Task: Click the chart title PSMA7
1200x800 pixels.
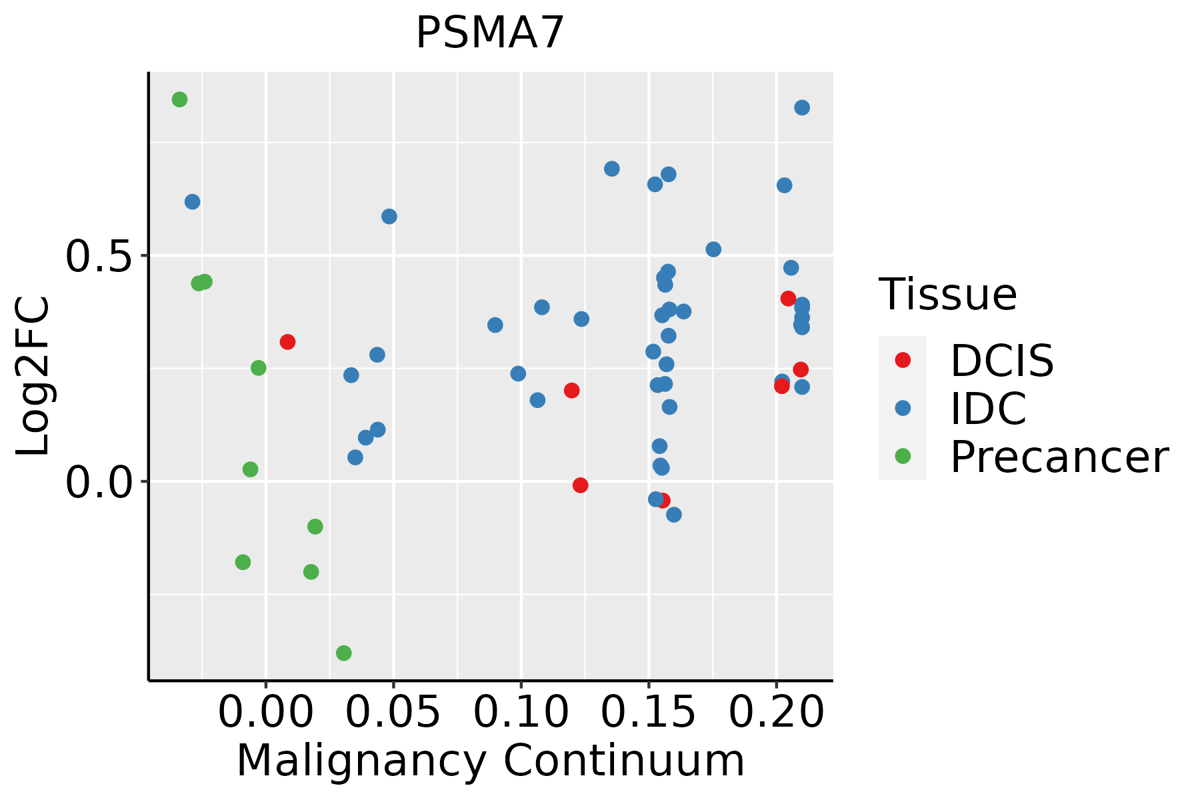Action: click(490, 33)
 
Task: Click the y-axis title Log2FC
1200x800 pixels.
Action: click(33, 377)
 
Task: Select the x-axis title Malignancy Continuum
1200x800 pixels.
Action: click(491, 761)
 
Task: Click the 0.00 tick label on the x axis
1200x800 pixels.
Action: click(266, 712)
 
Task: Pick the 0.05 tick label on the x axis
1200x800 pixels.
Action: click(393, 712)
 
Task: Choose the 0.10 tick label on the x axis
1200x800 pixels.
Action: click(521, 712)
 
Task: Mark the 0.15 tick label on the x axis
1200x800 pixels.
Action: click(649, 712)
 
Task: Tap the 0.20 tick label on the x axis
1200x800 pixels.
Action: click(777, 712)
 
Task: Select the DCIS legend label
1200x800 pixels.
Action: click(1002, 361)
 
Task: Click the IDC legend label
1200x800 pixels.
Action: click(989, 409)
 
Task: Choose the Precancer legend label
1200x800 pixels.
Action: click(1059, 457)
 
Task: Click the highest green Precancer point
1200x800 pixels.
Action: click(179, 99)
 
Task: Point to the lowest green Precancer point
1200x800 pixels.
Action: click(344, 653)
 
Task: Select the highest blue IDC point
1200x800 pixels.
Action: click(802, 107)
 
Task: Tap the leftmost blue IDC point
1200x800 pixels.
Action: click(193, 201)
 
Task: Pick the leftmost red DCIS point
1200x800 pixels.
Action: click(287, 342)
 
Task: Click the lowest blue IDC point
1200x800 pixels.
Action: click(674, 515)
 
